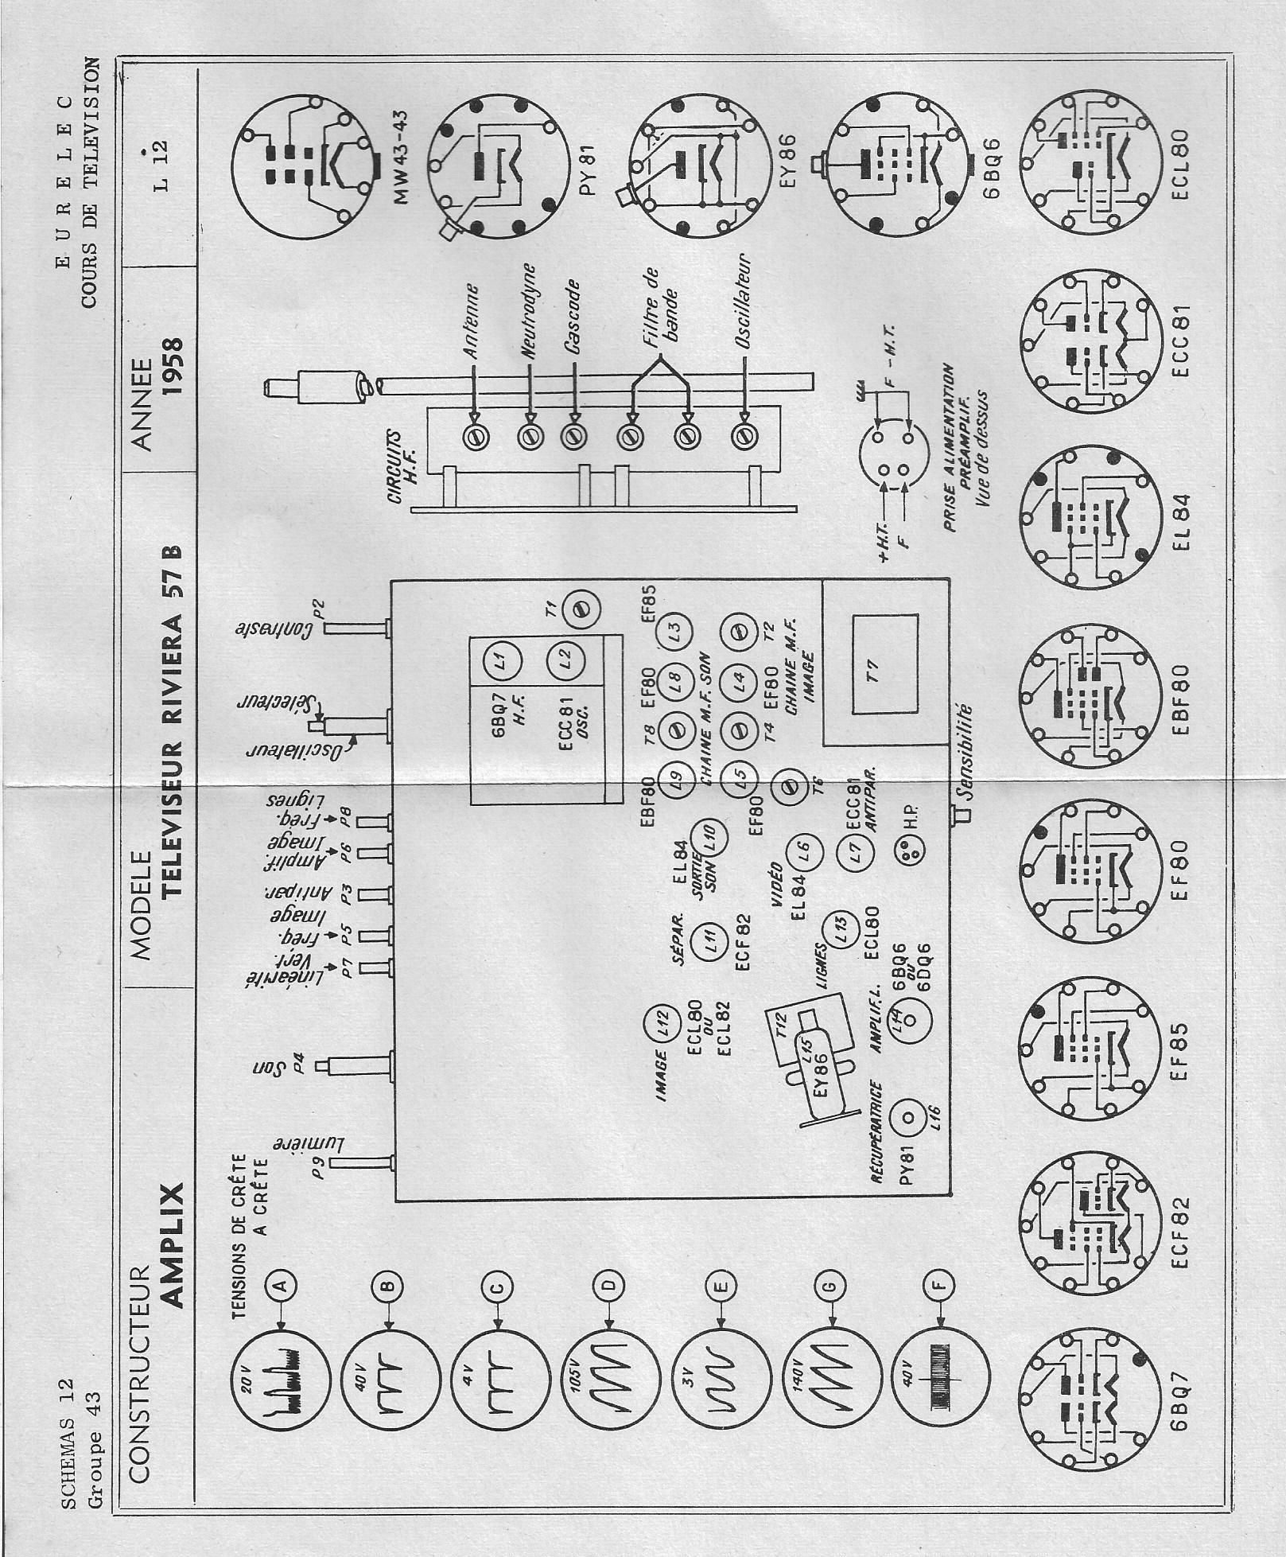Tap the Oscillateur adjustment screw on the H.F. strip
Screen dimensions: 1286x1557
click(x=744, y=436)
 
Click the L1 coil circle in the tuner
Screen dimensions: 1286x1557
click(x=500, y=658)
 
